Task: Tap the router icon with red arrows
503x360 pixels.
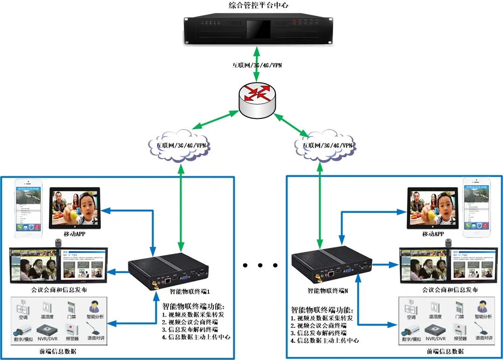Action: coord(258,100)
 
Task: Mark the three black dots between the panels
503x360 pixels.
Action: coord(260,265)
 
